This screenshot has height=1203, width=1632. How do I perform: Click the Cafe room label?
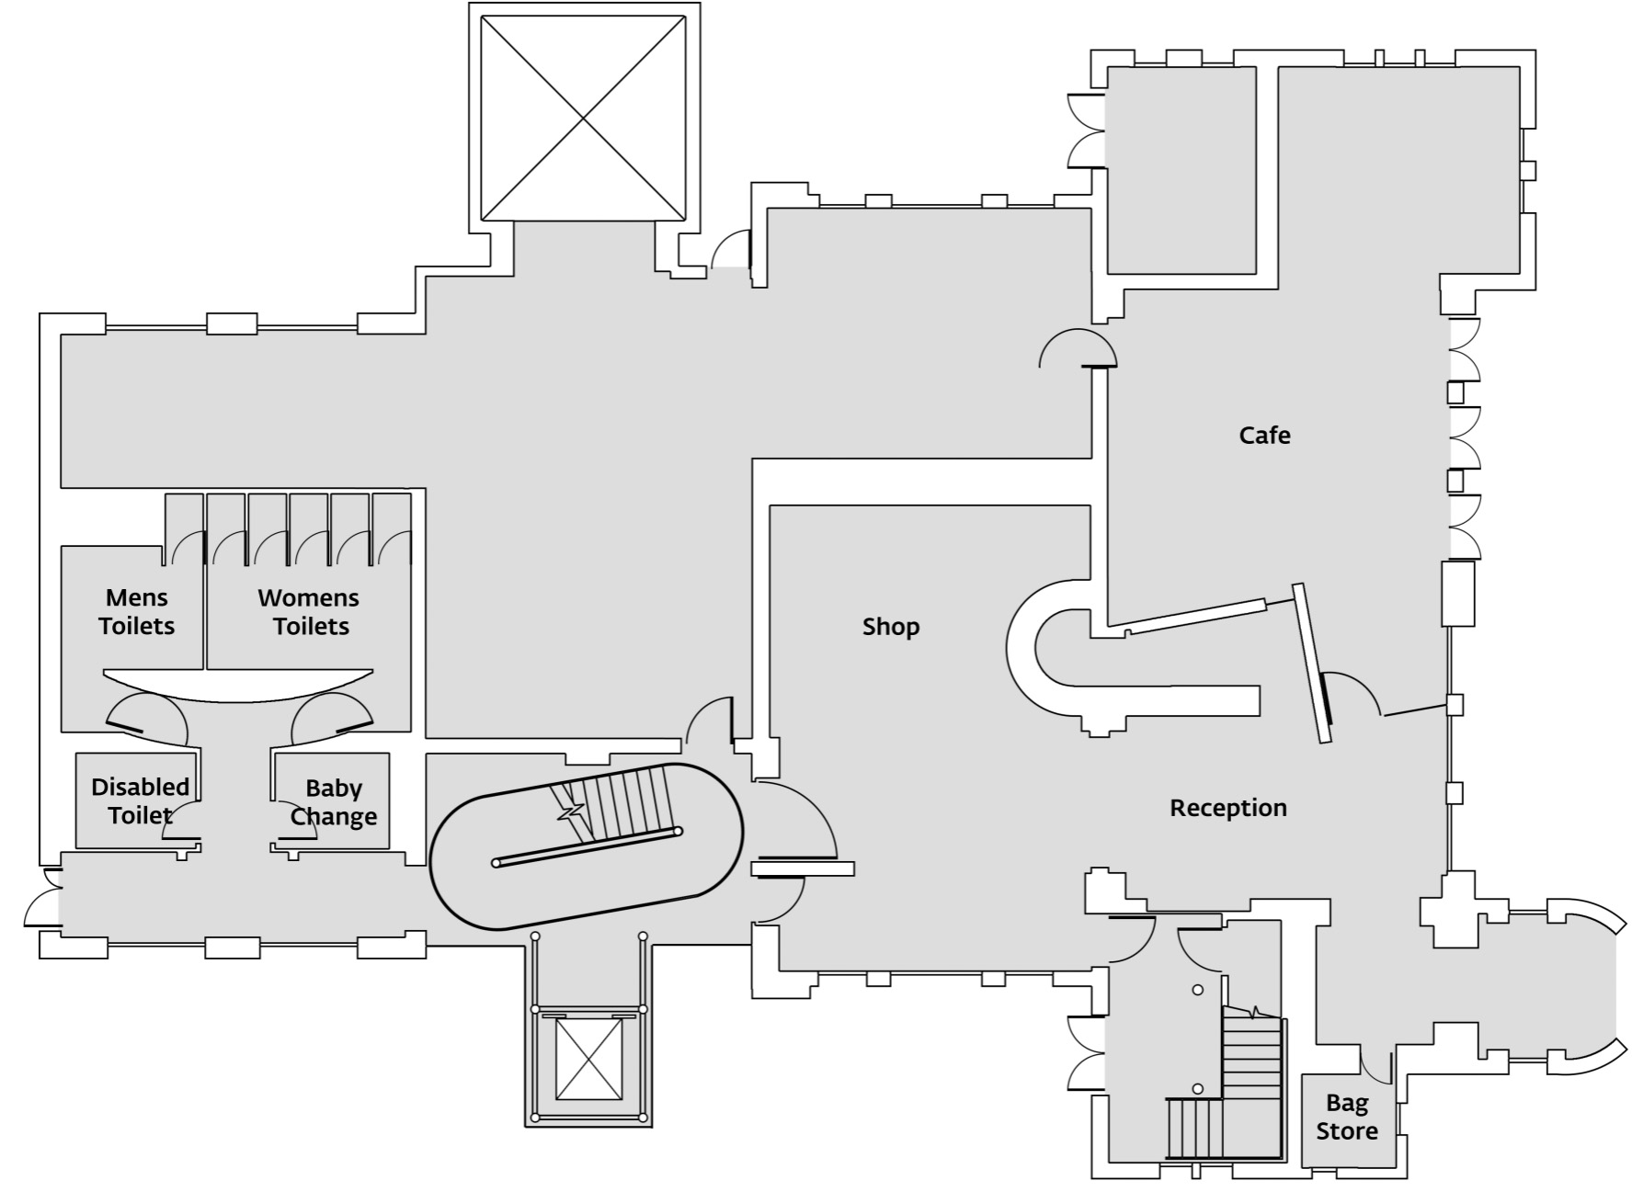coord(1264,435)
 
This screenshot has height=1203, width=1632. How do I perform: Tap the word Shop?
coord(890,627)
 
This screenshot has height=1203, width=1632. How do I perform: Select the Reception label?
coord(1227,808)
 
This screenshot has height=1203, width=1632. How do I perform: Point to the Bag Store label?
coord(1346,1117)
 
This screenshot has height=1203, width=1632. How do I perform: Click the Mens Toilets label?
coord(136,612)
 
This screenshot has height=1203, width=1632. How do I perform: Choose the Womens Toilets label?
coord(309,612)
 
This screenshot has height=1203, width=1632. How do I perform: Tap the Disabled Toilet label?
coord(140,800)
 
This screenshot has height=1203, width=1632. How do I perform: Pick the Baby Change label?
coord(333,802)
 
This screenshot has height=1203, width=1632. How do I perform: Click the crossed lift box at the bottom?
coord(589,1059)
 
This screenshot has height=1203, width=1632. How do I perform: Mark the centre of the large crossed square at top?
coord(584,119)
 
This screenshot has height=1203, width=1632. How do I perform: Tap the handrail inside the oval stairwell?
coord(587,846)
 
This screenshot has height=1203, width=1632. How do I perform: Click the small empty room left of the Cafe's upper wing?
coord(1181,170)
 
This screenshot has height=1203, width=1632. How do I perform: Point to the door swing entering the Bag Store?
coord(1375,1064)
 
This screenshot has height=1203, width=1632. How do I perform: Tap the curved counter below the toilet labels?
coord(238,687)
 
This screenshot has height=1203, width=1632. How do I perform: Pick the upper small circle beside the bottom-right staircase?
coord(1198,990)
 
